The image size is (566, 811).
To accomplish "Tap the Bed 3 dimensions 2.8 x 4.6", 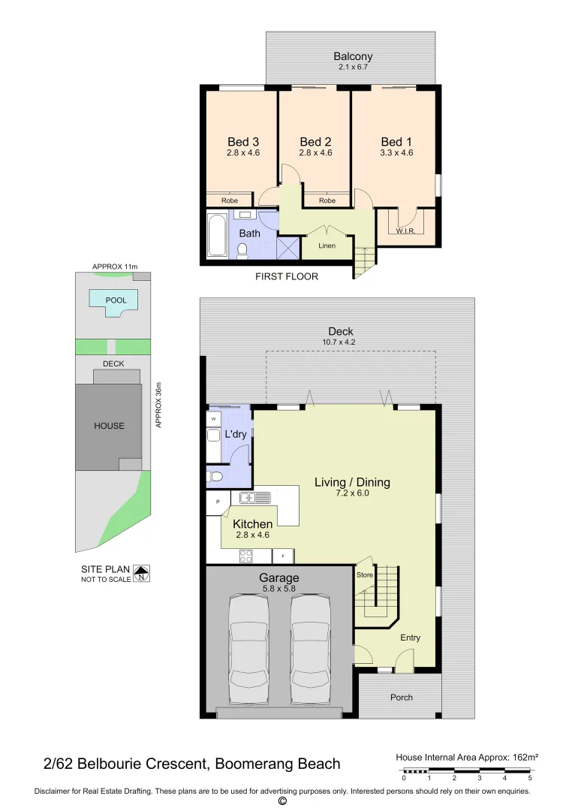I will [x=242, y=152].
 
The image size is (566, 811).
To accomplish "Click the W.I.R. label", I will [x=405, y=231].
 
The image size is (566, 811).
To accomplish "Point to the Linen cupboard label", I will [x=327, y=246].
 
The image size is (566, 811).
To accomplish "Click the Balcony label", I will [x=354, y=56].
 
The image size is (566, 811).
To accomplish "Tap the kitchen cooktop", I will [x=245, y=556].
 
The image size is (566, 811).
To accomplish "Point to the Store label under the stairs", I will [x=365, y=575].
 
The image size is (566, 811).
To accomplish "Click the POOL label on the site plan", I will [x=116, y=300].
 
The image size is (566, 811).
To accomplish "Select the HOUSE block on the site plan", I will [x=109, y=426].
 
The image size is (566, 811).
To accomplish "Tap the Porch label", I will [x=402, y=697].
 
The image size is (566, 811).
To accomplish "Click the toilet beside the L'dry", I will [x=215, y=475].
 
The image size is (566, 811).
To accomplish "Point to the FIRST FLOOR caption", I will [x=287, y=276].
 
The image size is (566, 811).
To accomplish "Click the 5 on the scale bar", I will [x=531, y=777].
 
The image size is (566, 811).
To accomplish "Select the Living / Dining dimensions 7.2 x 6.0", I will [x=352, y=493].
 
